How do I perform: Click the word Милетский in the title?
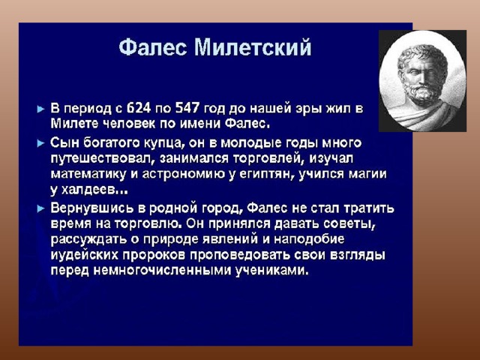point(253,47)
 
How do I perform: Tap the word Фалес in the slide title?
point(152,47)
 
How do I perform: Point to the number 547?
point(187,108)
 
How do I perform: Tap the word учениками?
point(271,271)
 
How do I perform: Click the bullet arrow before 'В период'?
point(40,109)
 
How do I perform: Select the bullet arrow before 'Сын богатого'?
point(40,143)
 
